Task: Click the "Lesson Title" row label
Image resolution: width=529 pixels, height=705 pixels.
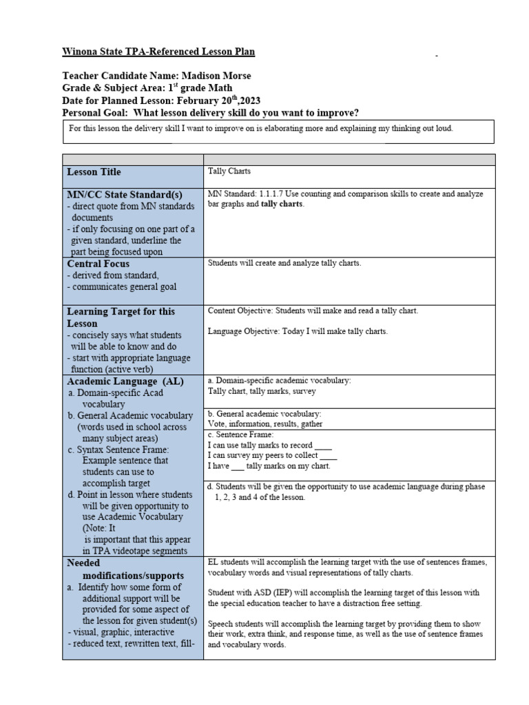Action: (x=94, y=172)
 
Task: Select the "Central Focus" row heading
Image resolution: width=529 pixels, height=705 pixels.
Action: (x=98, y=264)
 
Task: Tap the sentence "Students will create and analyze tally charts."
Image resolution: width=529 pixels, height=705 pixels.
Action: (x=284, y=263)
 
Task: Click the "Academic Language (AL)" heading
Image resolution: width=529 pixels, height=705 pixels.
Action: (x=121, y=381)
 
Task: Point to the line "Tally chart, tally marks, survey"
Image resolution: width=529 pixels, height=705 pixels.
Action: (x=262, y=391)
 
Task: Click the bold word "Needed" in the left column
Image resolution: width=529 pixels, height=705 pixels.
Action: (x=83, y=563)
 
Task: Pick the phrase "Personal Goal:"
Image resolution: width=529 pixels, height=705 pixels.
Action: (x=96, y=113)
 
